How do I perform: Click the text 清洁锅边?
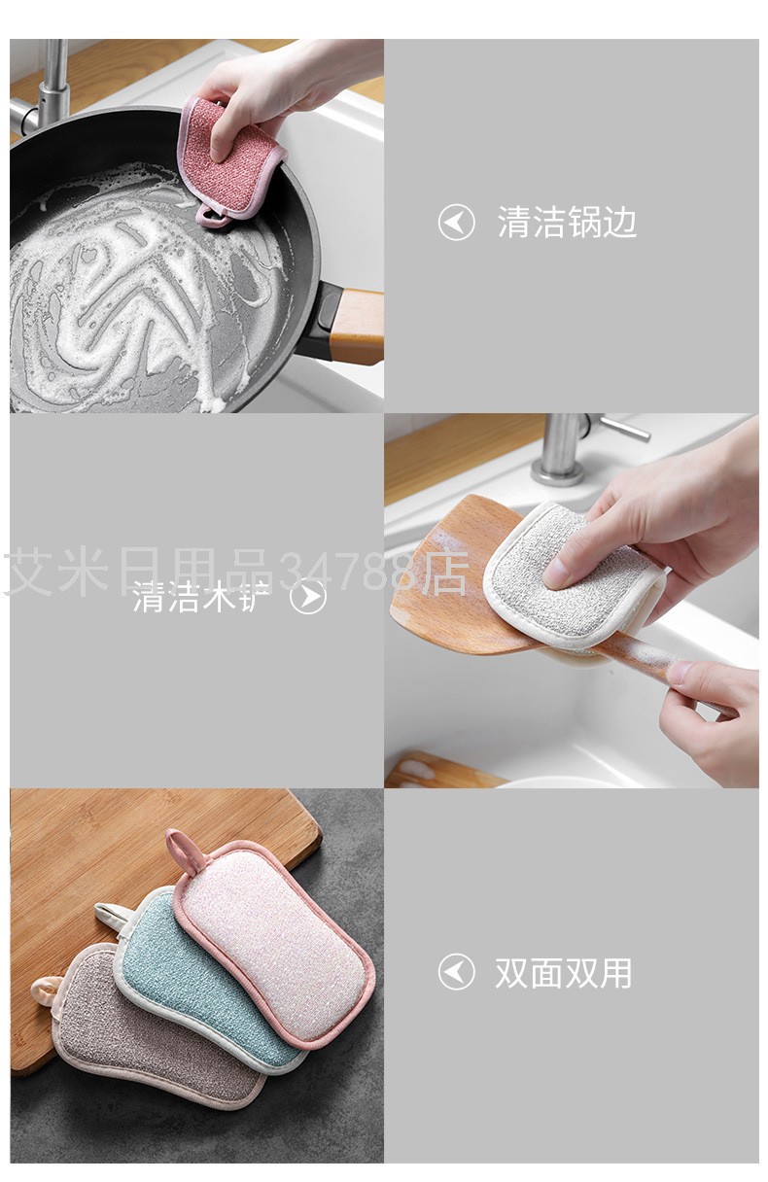pyautogui.click(x=567, y=223)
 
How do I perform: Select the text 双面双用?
pyautogui.click(x=563, y=972)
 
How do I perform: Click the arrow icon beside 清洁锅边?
pyautogui.click(x=456, y=223)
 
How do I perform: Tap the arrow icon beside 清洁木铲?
pyautogui.click(x=308, y=596)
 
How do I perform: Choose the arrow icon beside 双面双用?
pyautogui.click(x=456, y=972)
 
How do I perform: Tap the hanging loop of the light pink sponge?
pyautogui.click(x=180, y=851)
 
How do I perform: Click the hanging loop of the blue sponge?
pyautogui.click(x=110, y=914)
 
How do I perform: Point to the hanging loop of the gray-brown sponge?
pyautogui.click(x=45, y=989)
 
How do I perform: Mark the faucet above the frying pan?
pyautogui.click(x=49, y=83)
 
